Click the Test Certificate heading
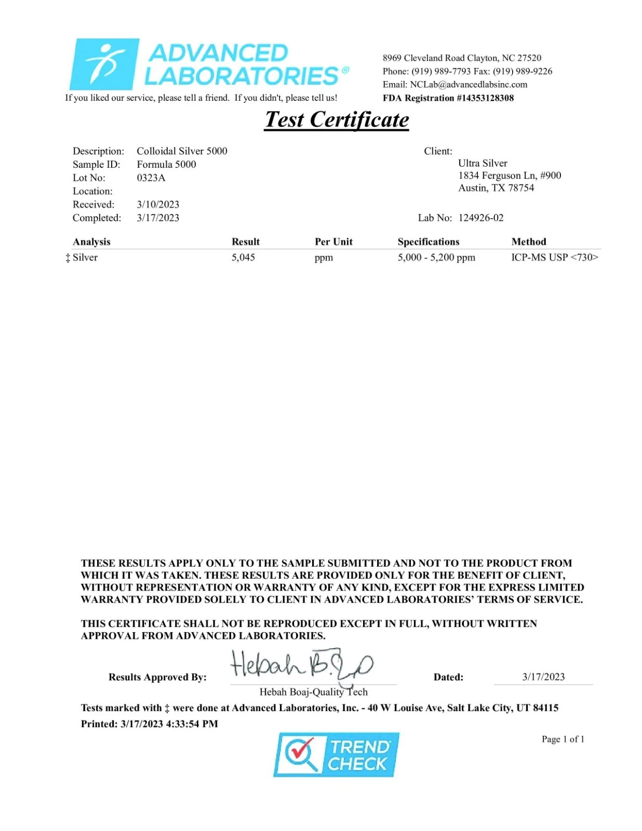pos(337,120)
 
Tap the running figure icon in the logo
pos(105,64)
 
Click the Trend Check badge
pos(336,755)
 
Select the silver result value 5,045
pos(243,258)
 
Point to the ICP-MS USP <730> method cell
pos(554,258)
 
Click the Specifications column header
pos(429,242)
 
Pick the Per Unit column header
pos(333,242)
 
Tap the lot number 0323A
pos(151,178)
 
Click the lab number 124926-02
pos(481,218)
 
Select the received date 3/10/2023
pos(158,205)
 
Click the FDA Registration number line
pos(448,98)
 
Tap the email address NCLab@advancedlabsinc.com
pos(469,85)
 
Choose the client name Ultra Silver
pos(483,164)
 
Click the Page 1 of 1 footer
pos(563,739)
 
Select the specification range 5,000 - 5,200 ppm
pos(436,258)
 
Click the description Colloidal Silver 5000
pos(182,151)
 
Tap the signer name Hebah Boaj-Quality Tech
pos(313,692)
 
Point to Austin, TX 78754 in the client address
pos(496,188)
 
